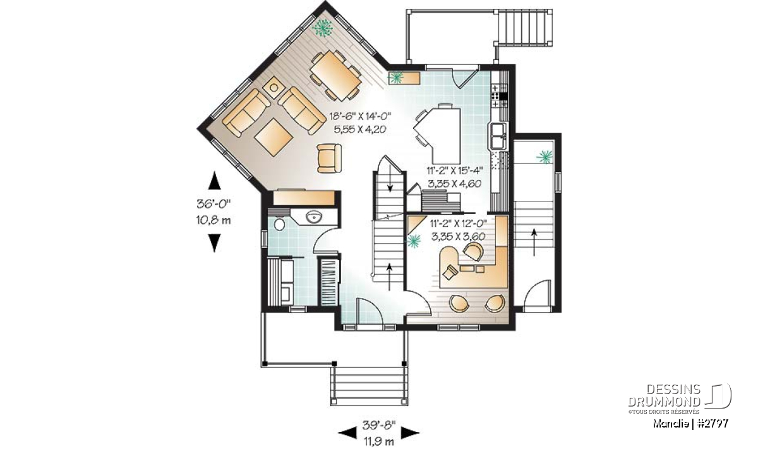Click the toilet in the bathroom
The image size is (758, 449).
[x=279, y=224]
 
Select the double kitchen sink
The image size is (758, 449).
[x=496, y=136]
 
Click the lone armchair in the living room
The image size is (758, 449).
[x=329, y=158]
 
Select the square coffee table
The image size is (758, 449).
[x=274, y=138]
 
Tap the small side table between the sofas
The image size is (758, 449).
[x=274, y=88]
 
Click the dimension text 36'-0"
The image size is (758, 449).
[x=214, y=204]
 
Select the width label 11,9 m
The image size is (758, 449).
[x=379, y=441]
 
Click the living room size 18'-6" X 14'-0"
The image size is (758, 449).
[x=361, y=117]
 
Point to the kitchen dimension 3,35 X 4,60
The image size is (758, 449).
[x=454, y=184]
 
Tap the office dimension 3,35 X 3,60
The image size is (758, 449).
[x=459, y=237]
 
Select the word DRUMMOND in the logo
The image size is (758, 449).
[x=664, y=402]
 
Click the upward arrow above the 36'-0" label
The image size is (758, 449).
[x=214, y=181]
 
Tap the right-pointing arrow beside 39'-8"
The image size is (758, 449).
[x=410, y=433]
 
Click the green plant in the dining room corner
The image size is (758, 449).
[x=322, y=27]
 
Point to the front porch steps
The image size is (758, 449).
[x=370, y=385]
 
